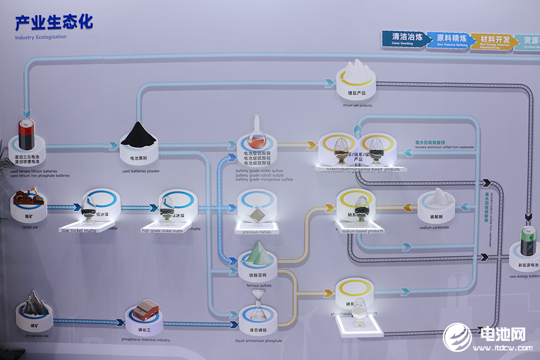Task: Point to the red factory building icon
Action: coord(146,309)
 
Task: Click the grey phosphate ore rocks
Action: coord(33,301)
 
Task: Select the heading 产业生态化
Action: coord(54,22)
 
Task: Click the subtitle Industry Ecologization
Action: coord(41,37)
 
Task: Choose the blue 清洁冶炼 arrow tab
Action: coord(404,39)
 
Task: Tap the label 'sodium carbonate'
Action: coord(434,227)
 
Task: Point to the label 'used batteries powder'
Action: coord(140,171)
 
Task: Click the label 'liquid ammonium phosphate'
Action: coord(259,341)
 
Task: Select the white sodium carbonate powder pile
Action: coord(436,198)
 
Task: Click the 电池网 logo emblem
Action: coord(457,337)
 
